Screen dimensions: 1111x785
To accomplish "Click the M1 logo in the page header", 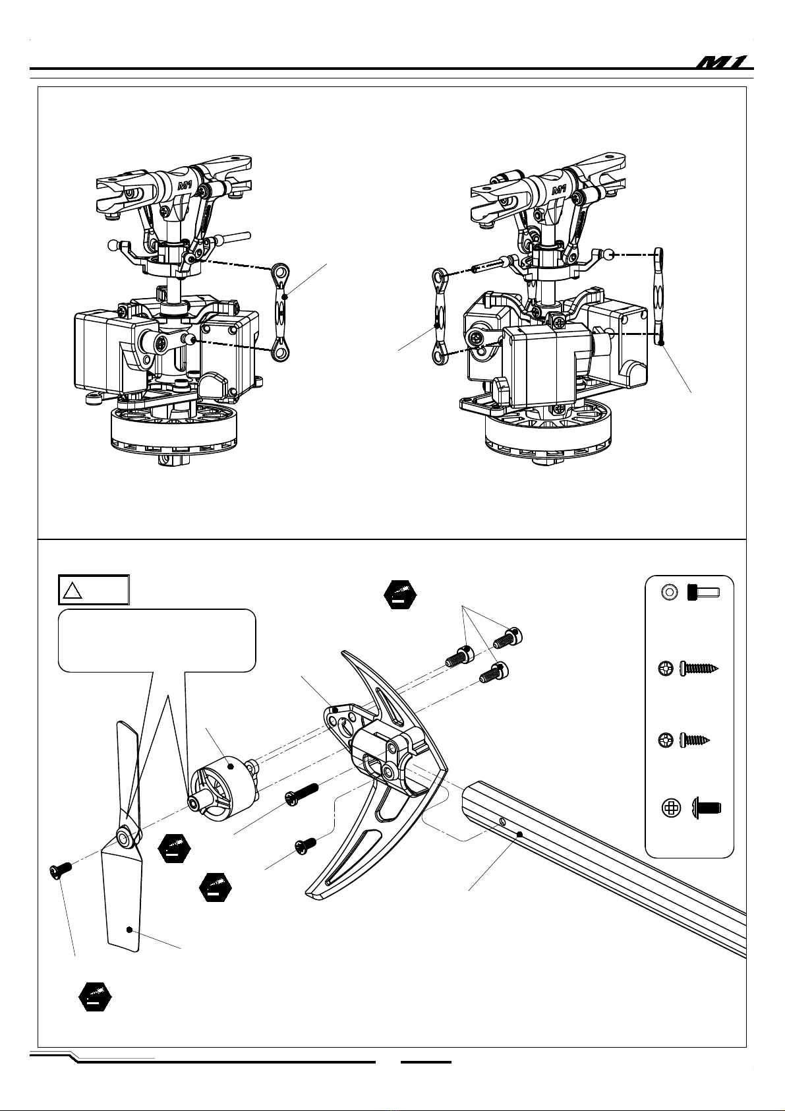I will point(724,62).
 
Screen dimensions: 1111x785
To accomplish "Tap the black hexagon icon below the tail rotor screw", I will point(95,997).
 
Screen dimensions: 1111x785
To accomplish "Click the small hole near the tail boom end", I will point(503,822).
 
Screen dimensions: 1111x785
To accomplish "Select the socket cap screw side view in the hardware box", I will point(703,593).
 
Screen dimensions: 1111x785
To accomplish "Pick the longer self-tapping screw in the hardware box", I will point(698,669).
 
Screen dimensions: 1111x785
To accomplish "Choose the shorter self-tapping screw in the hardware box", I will point(694,740).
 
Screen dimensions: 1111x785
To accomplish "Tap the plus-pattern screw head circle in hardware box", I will point(671,808).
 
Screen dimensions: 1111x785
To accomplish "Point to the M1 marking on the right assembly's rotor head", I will point(559,189).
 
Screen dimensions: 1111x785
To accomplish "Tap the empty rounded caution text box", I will point(157,640).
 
